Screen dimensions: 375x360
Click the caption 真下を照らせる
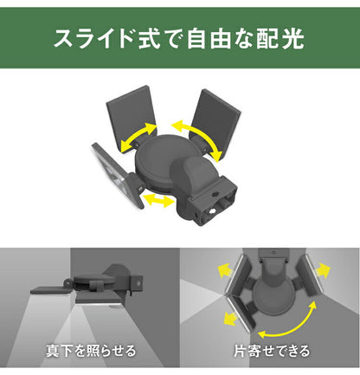click(91, 351)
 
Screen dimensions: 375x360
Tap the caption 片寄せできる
click(269, 351)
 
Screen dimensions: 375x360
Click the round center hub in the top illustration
click(165, 161)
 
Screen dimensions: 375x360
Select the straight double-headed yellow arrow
click(157, 201)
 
